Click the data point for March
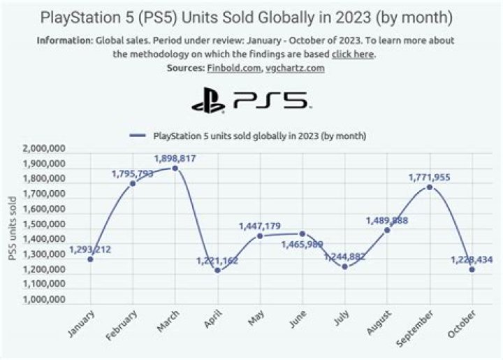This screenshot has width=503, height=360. [175, 168]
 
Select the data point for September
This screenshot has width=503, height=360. [430, 187]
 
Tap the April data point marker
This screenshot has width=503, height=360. [217, 270]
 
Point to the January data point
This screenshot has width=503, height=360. [90, 259]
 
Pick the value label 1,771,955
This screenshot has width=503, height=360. [429, 178]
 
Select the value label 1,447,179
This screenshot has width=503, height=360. [259, 226]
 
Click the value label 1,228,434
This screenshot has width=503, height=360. [472, 259]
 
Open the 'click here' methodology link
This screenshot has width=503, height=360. [353, 54]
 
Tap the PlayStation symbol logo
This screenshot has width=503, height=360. [208, 102]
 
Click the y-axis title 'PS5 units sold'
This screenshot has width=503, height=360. [11, 229]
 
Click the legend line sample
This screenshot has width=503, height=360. [138, 136]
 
